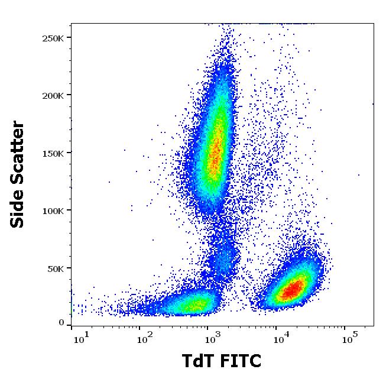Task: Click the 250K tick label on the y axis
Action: pyautogui.click(x=53, y=38)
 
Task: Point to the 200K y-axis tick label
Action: pyautogui.click(x=53, y=95)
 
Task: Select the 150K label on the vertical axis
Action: pyautogui.click(x=53, y=153)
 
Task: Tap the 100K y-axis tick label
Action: pyautogui.click(x=53, y=210)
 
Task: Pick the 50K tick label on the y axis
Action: pyautogui.click(x=55, y=268)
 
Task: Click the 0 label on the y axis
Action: pyautogui.click(x=61, y=323)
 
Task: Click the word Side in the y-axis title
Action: pyautogui.click(x=18, y=206)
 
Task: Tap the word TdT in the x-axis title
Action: pyautogui.click(x=194, y=361)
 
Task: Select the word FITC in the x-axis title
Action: pyautogui.click(x=240, y=361)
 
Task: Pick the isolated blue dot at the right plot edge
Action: pyautogui.click(x=373, y=103)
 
